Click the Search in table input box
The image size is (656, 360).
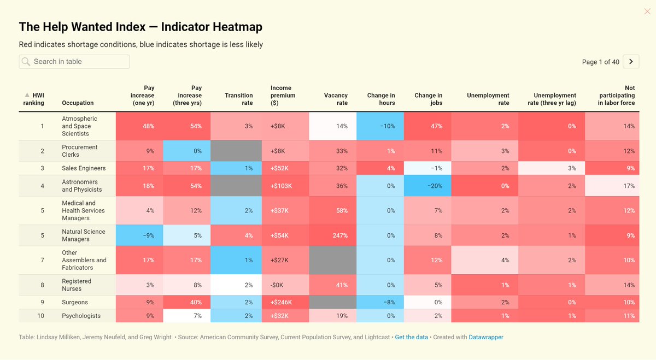[x=74, y=62]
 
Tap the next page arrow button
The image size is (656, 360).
[x=631, y=62]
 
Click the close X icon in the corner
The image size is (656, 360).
[x=647, y=11]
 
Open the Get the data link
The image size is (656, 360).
[x=411, y=337]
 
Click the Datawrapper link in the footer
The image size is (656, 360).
[x=486, y=337]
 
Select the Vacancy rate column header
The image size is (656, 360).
[x=336, y=99]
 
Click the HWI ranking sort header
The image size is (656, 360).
[x=34, y=99]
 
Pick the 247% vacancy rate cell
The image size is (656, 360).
[x=333, y=235]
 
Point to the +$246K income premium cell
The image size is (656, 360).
[x=285, y=302]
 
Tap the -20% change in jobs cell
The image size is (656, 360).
[x=427, y=186]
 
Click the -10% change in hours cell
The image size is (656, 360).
[x=380, y=126]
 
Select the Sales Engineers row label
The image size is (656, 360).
[x=84, y=168]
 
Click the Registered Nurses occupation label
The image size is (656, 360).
[x=77, y=285]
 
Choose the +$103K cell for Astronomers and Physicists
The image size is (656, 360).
[x=285, y=186]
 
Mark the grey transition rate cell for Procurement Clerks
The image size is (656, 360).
[x=236, y=151]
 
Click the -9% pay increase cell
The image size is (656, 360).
[x=139, y=235]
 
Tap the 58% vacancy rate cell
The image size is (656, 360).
[x=333, y=210]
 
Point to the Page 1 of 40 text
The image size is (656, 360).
[x=601, y=62]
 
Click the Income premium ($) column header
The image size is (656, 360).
[x=283, y=96]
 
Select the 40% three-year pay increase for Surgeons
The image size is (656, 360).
[x=187, y=302]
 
